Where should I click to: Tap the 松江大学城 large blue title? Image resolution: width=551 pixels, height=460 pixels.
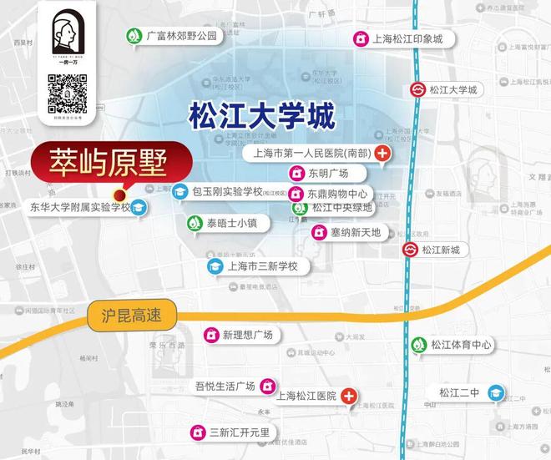click(x=260, y=115)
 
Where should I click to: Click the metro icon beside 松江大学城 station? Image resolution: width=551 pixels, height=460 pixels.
click(x=417, y=90)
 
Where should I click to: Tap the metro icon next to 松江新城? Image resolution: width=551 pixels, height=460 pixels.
click(x=410, y=250)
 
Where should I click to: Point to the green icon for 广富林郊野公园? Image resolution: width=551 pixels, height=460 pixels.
click(x=134, y=36)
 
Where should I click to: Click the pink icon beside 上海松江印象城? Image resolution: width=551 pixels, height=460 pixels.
click(x=360, y=39)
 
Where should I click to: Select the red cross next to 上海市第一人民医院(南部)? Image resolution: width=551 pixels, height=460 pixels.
click(x=383, y=154)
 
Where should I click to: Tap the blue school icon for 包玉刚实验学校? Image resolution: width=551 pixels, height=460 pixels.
click(x=179, y=192)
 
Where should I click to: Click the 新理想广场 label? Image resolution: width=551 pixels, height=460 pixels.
click(x=247, y=335)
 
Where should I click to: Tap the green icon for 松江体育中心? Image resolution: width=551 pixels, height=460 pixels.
click(x=417, y=345)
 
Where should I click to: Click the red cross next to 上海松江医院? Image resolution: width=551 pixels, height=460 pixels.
click(x=349, y=396)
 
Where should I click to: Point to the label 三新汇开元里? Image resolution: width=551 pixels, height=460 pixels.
click(x=240, y=432)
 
